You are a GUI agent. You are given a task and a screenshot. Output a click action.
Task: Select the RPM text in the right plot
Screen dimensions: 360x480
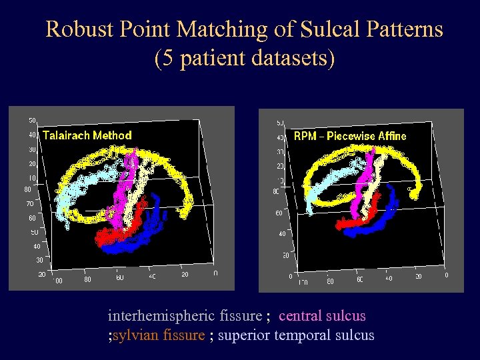point(305,136)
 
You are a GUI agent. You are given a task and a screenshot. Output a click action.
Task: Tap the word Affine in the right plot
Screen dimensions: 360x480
point(392,136)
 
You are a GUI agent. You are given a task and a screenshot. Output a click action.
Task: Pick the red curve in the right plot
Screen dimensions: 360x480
point(353,224)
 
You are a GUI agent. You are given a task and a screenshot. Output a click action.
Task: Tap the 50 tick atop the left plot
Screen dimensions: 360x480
point(32,121)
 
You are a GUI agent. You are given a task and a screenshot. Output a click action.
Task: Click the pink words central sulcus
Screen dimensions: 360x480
point(322,315)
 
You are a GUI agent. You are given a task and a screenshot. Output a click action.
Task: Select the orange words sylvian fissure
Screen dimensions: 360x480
point(158,335)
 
